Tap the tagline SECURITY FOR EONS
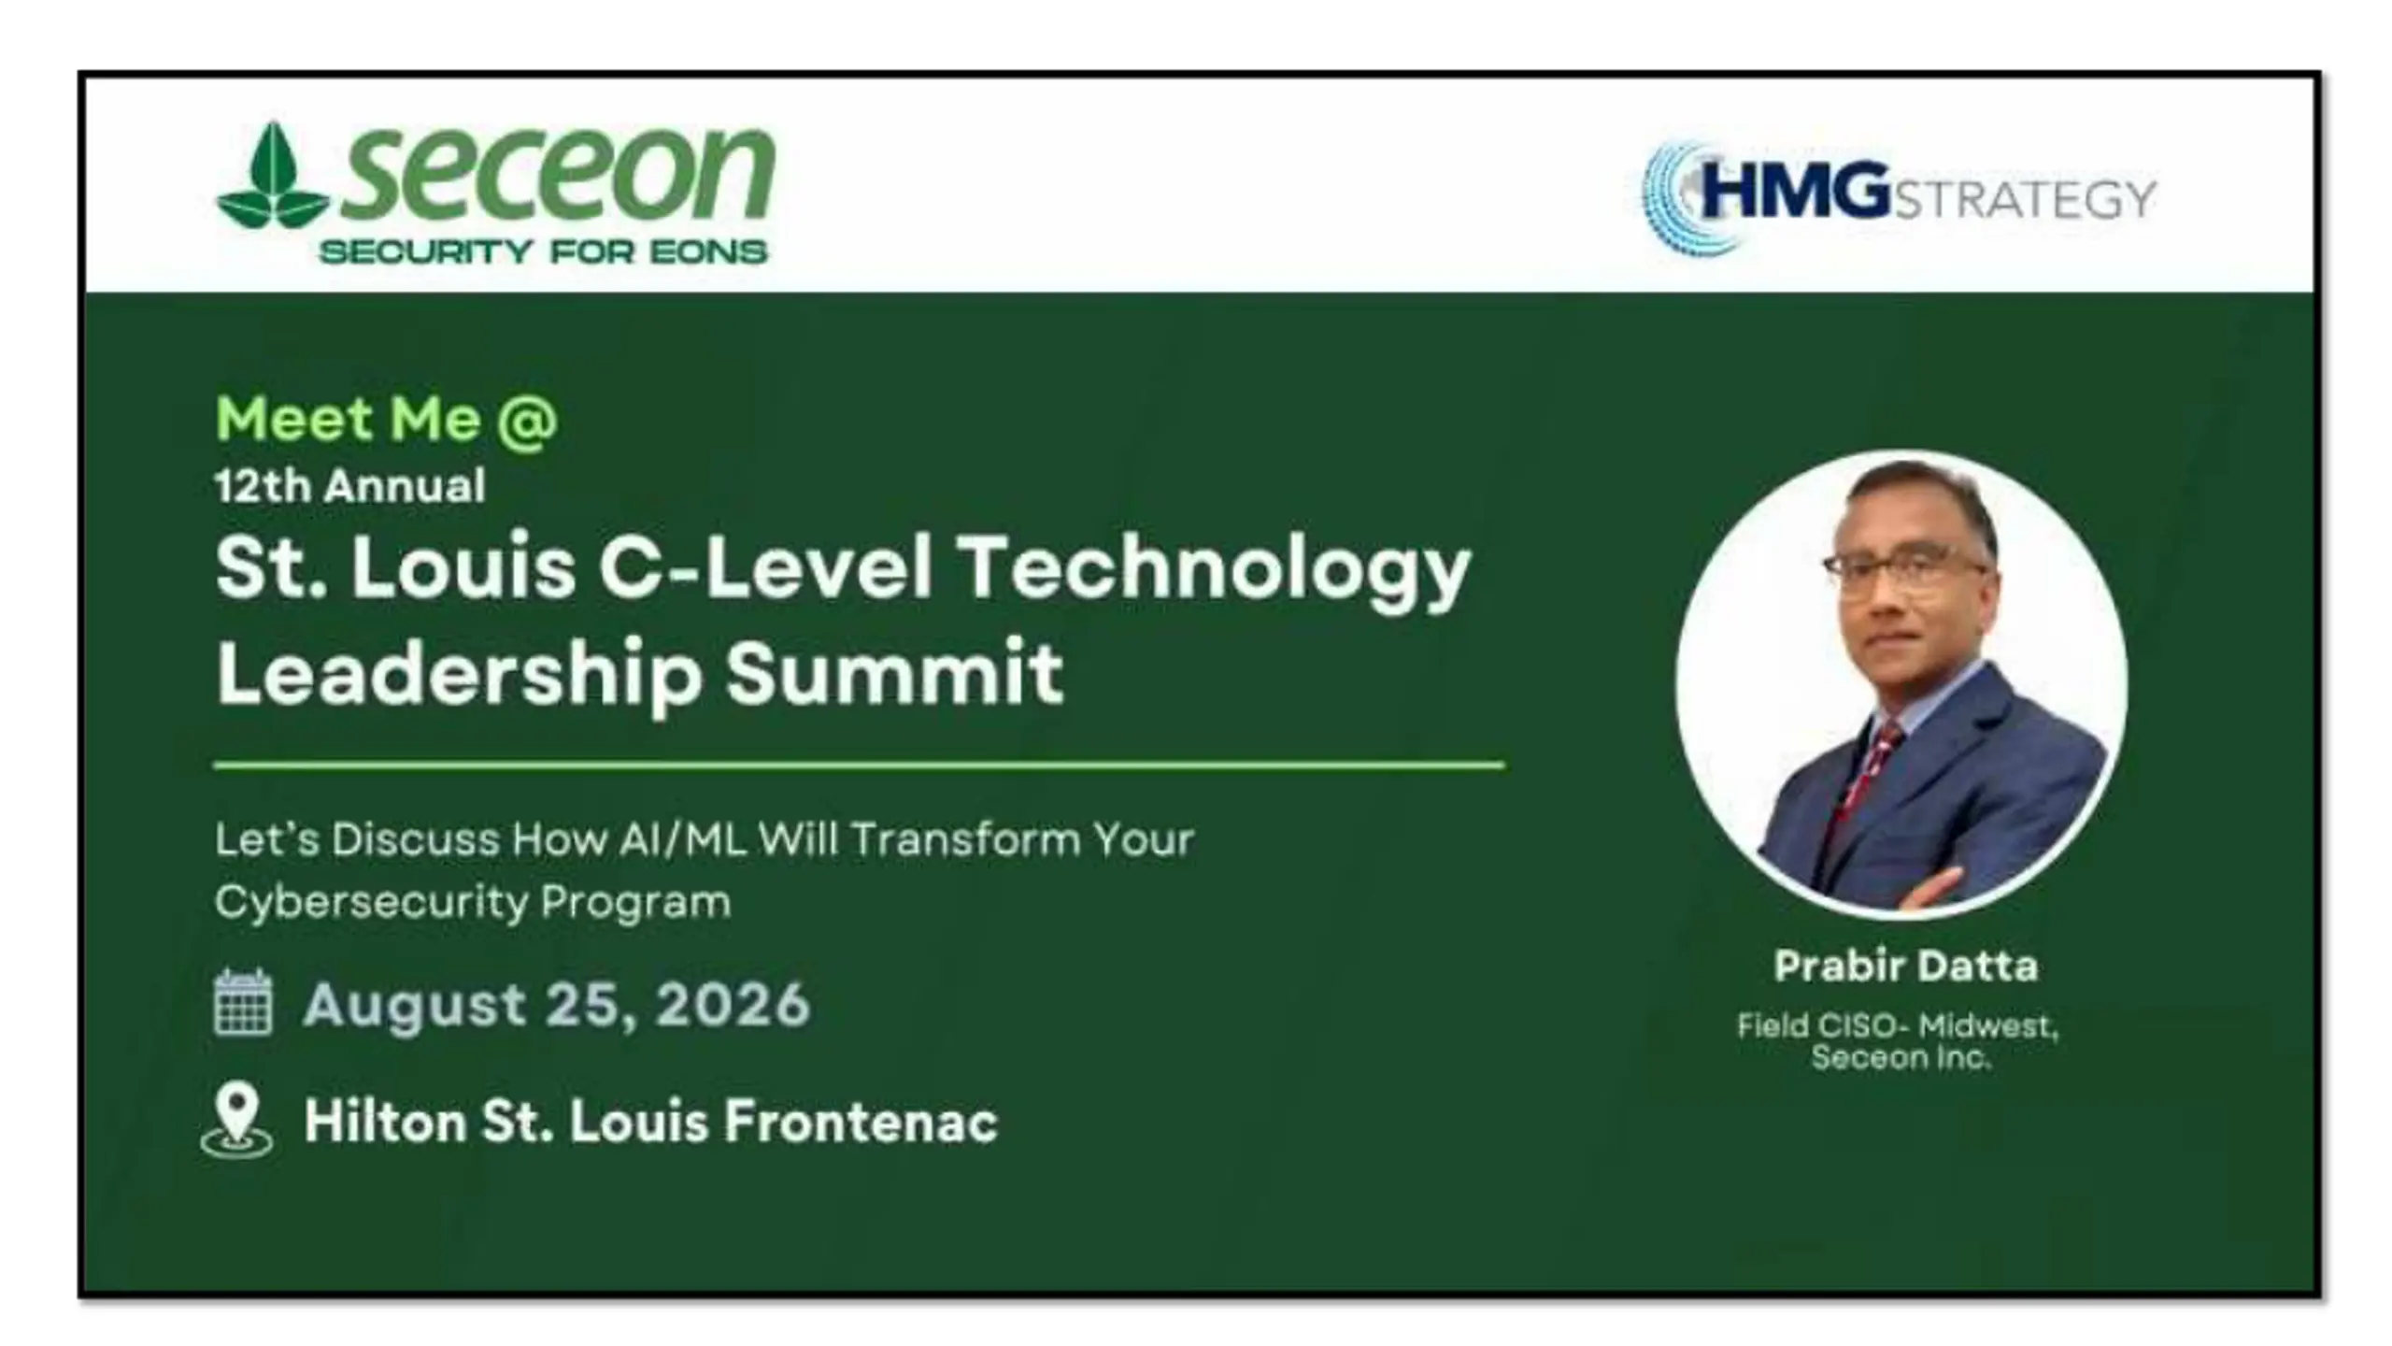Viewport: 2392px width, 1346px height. pos(543,251)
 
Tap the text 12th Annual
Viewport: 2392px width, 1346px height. pos(350,486)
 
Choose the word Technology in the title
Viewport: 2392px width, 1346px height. pos(1216,571)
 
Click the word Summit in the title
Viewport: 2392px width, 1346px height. pos(895,672)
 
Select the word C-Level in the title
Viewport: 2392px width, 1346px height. pos(765,567)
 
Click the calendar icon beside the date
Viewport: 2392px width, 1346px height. pos(243,1003)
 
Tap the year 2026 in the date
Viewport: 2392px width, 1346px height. pos(733,1005)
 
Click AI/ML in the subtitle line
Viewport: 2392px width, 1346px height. pos(683,839)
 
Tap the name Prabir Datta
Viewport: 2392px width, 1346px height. pos(1905,967)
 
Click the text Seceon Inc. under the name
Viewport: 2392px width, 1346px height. pos(1901,1058)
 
